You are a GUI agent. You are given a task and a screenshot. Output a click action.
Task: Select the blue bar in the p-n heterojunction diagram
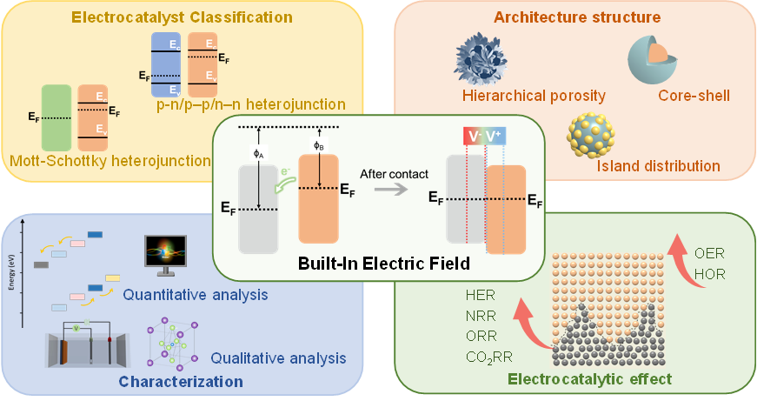(x=165, y=64)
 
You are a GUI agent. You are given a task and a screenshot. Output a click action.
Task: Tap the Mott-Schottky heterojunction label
(x=110, y=161)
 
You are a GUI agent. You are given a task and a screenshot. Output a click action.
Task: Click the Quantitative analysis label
(x=195, y=294)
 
